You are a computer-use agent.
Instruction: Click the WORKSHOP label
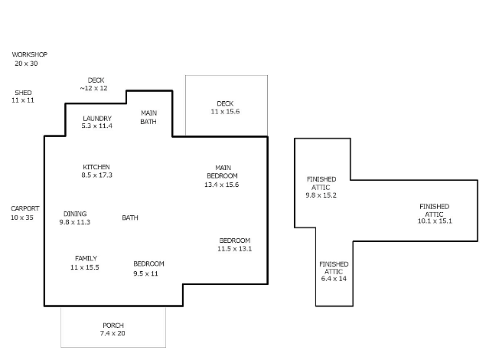(x=30, y=54)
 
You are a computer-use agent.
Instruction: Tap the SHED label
(x=23, y=93)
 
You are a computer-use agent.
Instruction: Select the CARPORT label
(x=25, y=208)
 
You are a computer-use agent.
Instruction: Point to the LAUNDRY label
(x=97, y=118)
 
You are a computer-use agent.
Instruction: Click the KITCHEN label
(x=96, y=167)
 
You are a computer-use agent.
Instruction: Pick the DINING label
(x=75, y=214)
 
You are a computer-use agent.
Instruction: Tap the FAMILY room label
(x=86, y=258)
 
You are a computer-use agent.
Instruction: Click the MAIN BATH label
(x=148, y=117)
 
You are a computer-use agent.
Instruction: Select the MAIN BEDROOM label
(x=223, y=172)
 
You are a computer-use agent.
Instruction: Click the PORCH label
(x=113, y=326)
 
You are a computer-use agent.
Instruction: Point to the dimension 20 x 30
(x=26, y=64)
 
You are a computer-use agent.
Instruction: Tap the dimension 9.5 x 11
(x=145, y=273)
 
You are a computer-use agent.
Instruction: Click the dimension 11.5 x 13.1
(x=234, y=248)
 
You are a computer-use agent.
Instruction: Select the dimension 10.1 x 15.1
(x=435, y=221)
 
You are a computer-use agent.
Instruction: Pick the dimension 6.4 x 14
(x=334, y=279)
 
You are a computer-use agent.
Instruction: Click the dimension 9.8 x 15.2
(x=321, y=195)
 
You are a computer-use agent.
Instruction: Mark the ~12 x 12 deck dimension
(x=93, y=88)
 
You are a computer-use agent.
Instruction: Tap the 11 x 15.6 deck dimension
(x=225, y=112)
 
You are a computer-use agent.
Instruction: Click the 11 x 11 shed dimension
(x=23, y=100)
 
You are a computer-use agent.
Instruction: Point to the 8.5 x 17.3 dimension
(x=96, y=175)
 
